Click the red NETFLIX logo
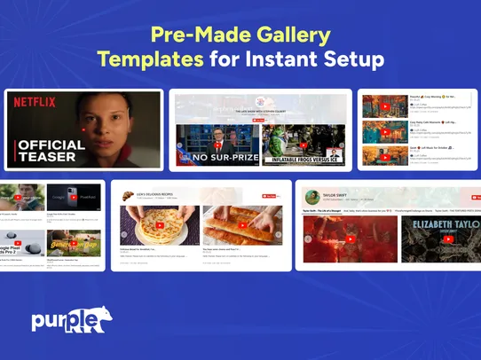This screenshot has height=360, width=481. (x=35, y=102)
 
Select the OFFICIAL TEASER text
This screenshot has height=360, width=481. (x=51, y=150)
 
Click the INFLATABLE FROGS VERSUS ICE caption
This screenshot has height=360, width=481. (x=303, y=160)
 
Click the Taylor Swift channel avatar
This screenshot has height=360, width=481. (x=311, y=196)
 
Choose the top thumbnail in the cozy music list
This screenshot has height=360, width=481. (x=384, y=106)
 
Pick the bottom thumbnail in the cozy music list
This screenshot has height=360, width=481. (x=384, y=155)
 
